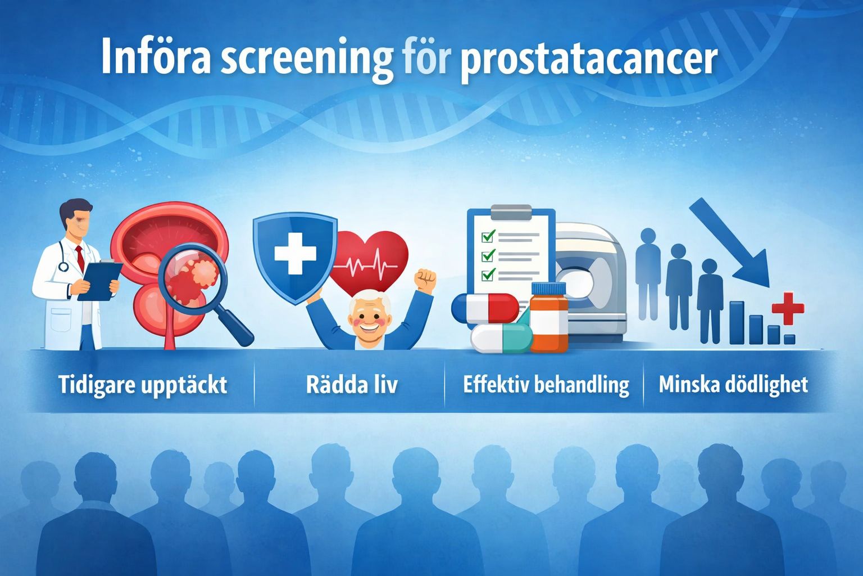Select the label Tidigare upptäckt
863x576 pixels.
coord(143,385)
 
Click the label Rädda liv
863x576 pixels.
coord(352,385)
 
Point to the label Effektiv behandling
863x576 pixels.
coord(546,385)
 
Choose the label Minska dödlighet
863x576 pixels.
coord(733,385)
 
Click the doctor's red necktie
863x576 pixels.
coord(80,257)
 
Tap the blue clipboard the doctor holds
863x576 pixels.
coord(101,279)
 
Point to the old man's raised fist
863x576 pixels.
coord(425,279)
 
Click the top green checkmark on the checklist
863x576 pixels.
coord(488,236)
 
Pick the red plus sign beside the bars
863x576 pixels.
coord(788,308)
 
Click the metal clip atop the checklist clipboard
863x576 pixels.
coord(511,213)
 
